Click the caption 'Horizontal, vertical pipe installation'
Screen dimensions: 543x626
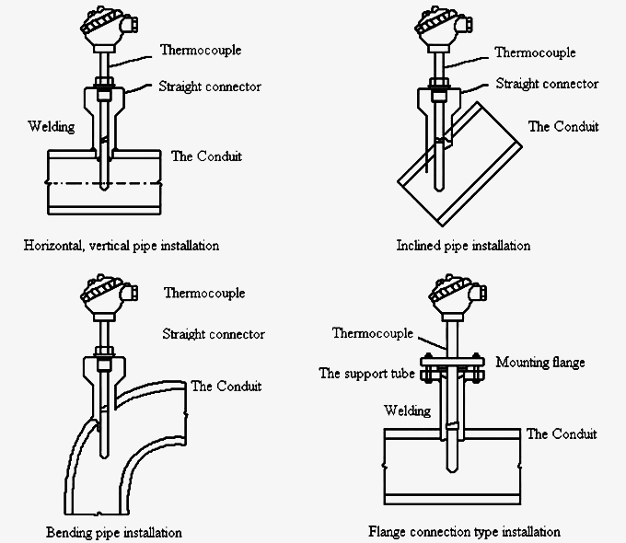[x=121, y=246]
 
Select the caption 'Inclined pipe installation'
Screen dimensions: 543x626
[x=463, y=246]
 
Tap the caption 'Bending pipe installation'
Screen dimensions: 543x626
[x=113, y=532]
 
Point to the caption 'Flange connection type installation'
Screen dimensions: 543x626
[x=464, y=531]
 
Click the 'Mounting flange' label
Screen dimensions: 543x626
[x=539, y=363]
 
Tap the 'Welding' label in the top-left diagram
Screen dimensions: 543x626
[x=51, y=126]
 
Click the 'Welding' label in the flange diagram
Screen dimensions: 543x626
[x=406, y=410]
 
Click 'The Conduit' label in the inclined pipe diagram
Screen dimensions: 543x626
[x=562, y=126]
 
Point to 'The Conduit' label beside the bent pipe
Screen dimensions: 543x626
[x=226, y=386]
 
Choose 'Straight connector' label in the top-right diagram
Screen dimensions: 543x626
[x=547, y=84]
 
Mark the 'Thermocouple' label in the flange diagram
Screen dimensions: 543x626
[x=372, y=332]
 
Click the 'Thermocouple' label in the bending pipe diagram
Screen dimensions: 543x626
[x=204, y=294]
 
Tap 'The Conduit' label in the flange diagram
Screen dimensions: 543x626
[x=561, y=433]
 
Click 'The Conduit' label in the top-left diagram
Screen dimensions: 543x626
[x=206, y=156]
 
